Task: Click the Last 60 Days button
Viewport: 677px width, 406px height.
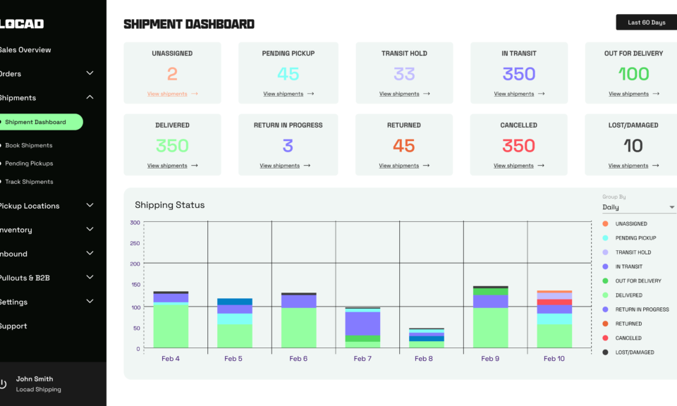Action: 646,23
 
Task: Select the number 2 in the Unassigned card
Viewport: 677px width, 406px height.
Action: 172,73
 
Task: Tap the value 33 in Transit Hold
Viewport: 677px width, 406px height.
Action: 404,73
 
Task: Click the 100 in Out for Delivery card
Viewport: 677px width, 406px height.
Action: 633,73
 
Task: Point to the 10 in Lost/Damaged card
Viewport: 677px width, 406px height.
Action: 633,146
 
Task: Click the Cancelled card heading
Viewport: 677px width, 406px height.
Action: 518,125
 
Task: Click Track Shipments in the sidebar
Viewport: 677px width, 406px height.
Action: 29,182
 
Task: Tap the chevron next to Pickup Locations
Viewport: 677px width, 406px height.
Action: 90,205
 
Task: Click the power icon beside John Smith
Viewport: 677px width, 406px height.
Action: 3,384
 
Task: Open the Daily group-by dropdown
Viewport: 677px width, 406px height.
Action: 638,207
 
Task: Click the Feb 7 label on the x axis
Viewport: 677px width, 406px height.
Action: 362,359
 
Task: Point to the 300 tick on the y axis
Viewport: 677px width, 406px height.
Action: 135,223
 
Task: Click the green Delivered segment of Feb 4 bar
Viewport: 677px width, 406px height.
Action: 171,325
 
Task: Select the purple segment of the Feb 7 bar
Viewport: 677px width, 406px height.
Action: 362,323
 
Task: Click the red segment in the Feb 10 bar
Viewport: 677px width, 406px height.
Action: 554,302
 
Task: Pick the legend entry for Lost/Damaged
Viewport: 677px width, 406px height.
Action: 634,352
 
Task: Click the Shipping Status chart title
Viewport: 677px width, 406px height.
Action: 169,205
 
